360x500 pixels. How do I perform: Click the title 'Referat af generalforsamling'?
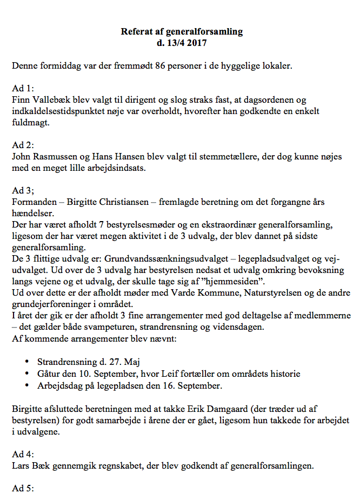(x=182, y=31)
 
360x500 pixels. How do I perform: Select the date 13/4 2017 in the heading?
(x=188, y=42)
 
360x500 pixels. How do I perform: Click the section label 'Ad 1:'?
(x=22, y=89)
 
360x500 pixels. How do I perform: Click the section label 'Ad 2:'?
(x=22, y=145)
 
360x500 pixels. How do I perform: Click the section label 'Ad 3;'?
(x=22, y=190)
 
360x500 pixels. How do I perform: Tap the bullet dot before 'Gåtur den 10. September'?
(x=28, y=374)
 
